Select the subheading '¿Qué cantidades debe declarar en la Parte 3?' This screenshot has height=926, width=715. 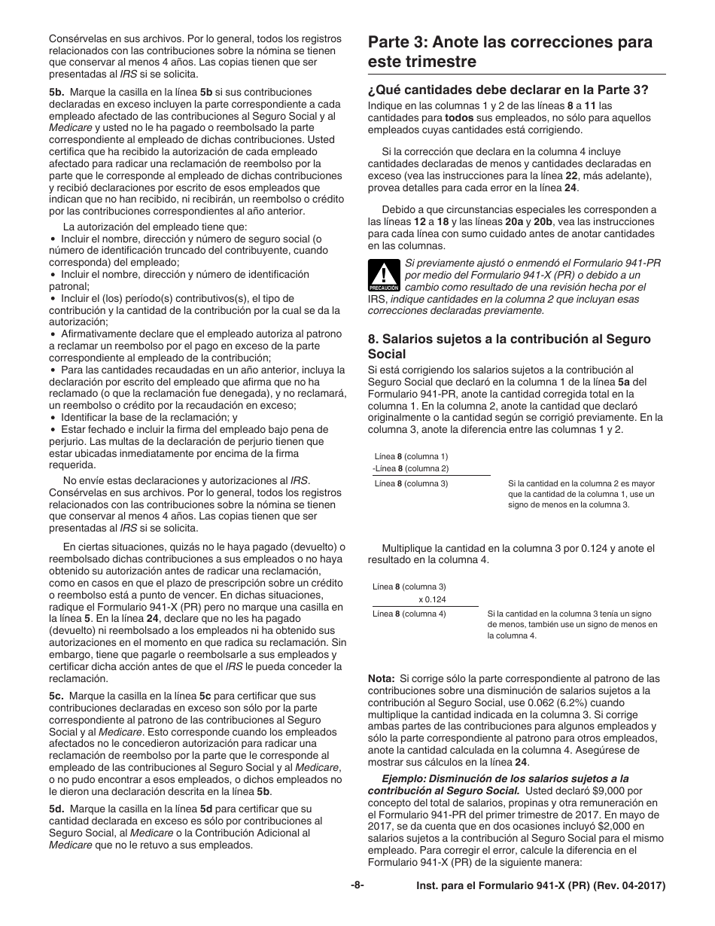coord(508,90)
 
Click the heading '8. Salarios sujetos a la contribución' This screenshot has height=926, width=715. coord(509,346)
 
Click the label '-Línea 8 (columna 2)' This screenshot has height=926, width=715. coord(410,469)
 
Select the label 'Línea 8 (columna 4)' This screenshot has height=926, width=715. coord(409,614)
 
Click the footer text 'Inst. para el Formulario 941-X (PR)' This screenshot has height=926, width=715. coord(540,886)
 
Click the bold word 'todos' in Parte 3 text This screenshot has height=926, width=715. coord(460,117)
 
